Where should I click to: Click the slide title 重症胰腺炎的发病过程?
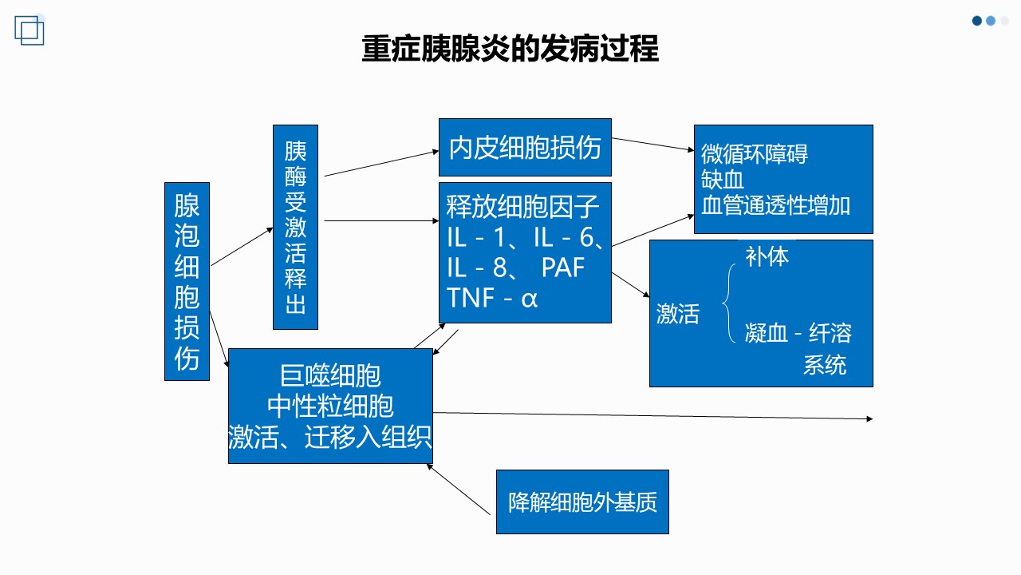[x=510, y=49]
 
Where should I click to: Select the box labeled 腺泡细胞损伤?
[x=187, y=281]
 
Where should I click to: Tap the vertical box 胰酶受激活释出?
[x=295, y=227]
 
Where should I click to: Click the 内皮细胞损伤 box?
[x=525, y=148]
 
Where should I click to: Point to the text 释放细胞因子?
[x=522, y=207]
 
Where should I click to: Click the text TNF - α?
[x=492, y=298]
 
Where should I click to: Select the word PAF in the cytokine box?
[x=563, y=268]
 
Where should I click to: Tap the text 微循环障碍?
[x=755, y=154]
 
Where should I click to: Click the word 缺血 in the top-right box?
[x=723, y=180]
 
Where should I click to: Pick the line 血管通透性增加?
[x=775, y=205]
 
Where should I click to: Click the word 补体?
[x=767, y=256]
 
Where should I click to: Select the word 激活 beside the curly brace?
[x=678, y=314]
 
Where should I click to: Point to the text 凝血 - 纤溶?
[x=798, y=333]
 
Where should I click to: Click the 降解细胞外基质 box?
[x=582, y=502]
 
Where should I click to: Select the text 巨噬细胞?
[x=330, y=375]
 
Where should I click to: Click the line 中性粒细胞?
[x=330, y=406]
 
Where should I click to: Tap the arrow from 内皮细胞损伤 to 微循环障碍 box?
[x=652, y=145]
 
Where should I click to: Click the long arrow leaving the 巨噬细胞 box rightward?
[x=652, y=416]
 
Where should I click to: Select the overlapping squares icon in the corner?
[x=30, y=30]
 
